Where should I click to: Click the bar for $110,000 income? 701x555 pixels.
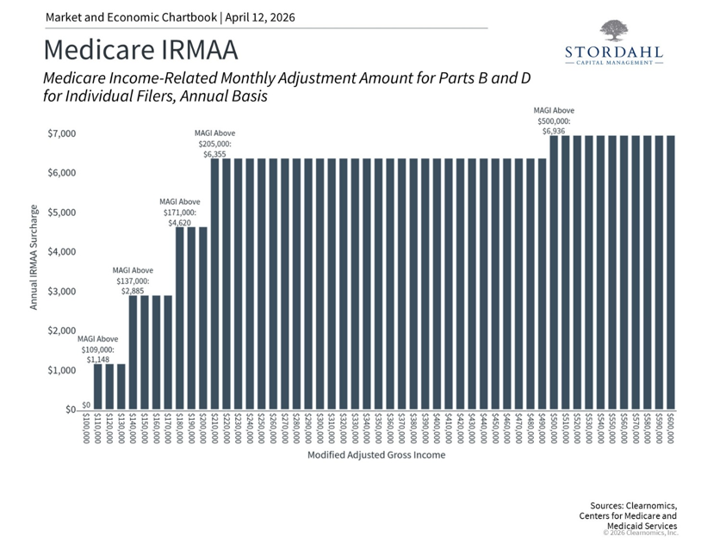click(98, 387)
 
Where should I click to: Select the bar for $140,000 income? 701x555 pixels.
click(133, 353)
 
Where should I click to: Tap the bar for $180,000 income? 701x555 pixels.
click(180, 318)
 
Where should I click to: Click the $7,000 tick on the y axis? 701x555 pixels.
click(61, 133)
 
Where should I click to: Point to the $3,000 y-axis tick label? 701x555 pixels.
click(61, 292)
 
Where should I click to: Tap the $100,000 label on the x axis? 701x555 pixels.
click(86, 428)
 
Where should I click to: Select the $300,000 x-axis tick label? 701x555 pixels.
click(320, 428)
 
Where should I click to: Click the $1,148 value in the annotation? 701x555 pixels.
click(98, 359)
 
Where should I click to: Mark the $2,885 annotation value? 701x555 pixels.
click(133, 291)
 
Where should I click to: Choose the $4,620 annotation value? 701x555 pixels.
click(179, 222)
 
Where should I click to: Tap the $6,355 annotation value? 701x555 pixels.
click(215, 154)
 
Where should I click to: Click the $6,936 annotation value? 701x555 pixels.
click(554, 132)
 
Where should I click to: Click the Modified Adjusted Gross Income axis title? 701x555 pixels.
click(376, 454)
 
